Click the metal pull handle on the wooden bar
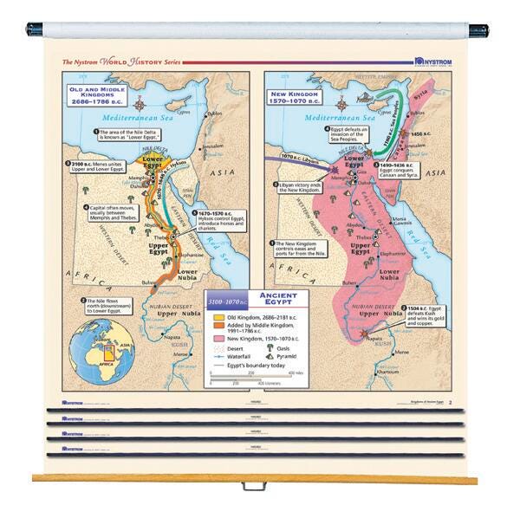point(253,484)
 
